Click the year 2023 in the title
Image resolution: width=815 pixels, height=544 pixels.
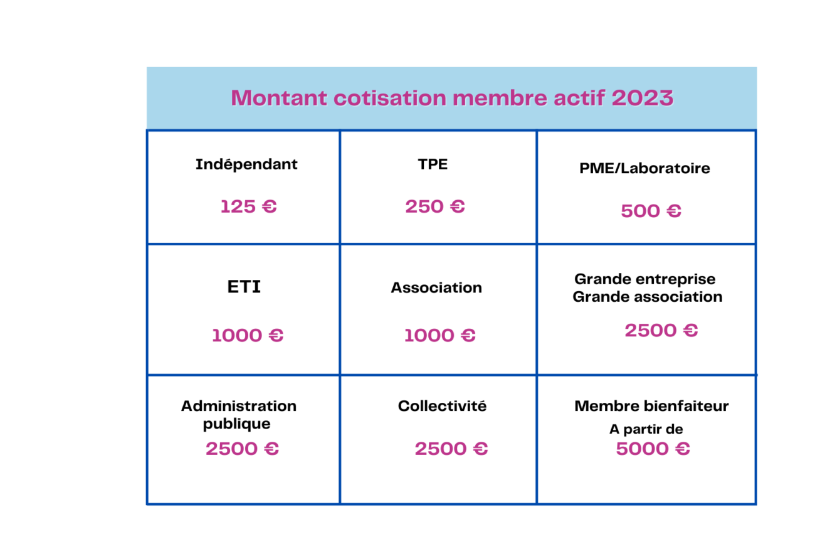tap(642, 98)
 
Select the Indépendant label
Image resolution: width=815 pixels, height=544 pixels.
tap(246, 164)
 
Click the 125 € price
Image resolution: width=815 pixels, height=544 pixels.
tap(248, 206)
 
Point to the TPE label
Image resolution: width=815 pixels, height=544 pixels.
tap(433, 164)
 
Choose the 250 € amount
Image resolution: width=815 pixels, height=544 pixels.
tap(435, 206)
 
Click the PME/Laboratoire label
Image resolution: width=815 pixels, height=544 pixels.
tap(644, 168)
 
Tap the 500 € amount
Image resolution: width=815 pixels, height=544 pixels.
tap(651, 211)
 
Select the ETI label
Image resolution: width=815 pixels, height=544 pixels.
tap(244, 287)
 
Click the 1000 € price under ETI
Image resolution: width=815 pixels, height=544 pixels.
tap(248, 335)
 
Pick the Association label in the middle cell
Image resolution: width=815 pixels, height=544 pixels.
tap(436, 287)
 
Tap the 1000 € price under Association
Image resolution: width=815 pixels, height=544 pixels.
tap(439, 335)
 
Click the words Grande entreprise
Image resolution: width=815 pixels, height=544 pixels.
tap(644, 279)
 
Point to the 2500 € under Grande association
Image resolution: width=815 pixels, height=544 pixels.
tap(661, 331)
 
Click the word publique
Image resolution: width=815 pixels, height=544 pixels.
tap(236, 424)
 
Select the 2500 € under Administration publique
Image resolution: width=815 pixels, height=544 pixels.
tap(242, 449)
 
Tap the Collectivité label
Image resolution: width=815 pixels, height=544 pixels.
tap(442, 406)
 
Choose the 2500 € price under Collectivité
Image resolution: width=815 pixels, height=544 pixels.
tap(451, 449)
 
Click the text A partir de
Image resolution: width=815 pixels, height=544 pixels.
tap(646, 430)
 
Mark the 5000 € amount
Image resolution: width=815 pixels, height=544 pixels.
tap(653, 449)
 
